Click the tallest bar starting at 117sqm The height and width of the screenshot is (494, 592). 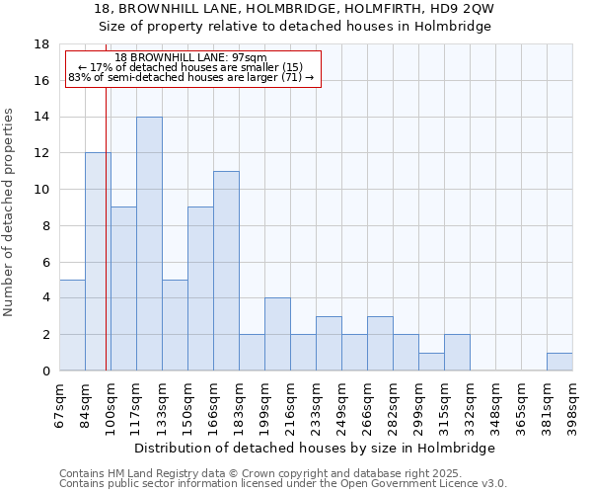tap(149, 244)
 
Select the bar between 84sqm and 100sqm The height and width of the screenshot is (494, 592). tap(98, 262)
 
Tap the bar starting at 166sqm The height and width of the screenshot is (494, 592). tap(226, 271)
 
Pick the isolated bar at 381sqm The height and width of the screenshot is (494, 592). tap(559, 362)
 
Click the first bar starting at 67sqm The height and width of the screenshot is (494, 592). tap(72, 325)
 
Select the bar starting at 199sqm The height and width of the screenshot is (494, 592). tap(277, 334)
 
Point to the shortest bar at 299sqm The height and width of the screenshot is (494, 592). tap(431, 362)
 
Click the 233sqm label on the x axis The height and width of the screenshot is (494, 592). tap(316, 403)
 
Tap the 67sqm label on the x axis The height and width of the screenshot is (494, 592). tap(59, 403)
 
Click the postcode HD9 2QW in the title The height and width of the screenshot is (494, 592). tap(455, 8)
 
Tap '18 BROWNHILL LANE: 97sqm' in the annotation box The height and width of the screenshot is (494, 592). tap(190, 58)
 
